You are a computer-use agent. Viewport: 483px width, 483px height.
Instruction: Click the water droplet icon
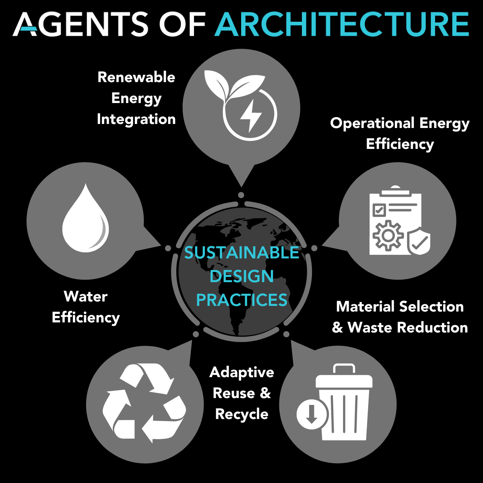pos(85,219)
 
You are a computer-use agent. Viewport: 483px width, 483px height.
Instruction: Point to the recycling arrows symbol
pos(144,402)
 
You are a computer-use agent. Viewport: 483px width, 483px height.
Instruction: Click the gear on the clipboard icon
pos(388,236)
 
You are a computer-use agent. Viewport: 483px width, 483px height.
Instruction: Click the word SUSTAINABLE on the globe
pos(242,253)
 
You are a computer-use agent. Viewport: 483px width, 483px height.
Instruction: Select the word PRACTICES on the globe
pos(242,300)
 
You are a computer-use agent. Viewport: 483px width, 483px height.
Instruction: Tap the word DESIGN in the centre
pos(242,277)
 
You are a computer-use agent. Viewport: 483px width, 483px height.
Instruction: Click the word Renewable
pos(136,77)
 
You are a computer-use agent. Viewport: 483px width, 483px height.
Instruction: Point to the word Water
pos(86,297)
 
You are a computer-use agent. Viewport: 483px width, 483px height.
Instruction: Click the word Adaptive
pos(242,372)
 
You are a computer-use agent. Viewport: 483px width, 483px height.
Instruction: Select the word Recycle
pos(242,414)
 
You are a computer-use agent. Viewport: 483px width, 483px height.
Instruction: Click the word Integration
pos(136,119)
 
